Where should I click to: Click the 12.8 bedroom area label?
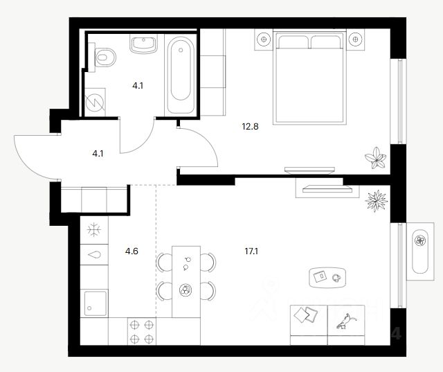tap(250, 126)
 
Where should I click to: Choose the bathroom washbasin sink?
tap(144, 44)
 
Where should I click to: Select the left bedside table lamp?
tap(264, 40)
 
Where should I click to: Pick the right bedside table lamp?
tap(356, 40)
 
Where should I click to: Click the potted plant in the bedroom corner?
tap(376, 157)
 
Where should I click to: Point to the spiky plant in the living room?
tap(375, 201)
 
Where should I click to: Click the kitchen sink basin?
tap(95, 303)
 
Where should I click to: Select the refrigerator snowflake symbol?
tap(94, 229)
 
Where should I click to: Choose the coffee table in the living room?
tap(325, 277)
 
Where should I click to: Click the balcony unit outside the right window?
tap(419, 249)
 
